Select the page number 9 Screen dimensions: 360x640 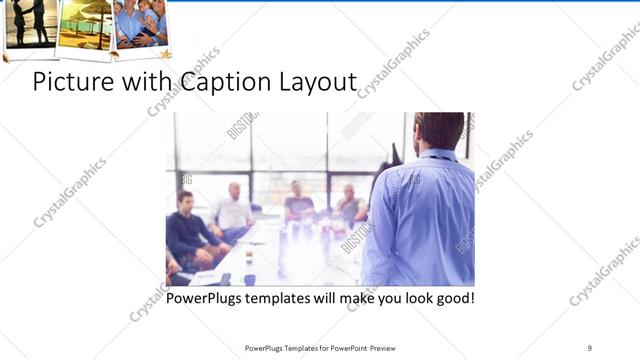coord(589,347)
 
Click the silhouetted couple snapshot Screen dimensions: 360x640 coord(30,23)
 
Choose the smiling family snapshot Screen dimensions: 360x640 coord(140,23)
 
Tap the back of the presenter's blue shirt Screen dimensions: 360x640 coord(425,220)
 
